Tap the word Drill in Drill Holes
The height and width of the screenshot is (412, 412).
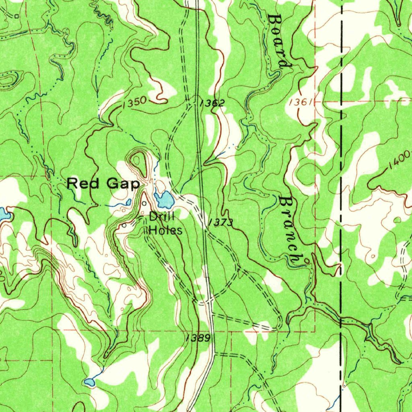[x=161, y=217]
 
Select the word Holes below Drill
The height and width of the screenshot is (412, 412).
[x=165, y=231]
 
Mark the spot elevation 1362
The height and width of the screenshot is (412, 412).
[x=212, y=103]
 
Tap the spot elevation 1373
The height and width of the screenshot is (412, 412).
[x=220, y=222]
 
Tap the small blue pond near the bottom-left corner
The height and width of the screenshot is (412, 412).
[x=89, y=381]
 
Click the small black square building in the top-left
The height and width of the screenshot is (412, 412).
[x=16, y=16]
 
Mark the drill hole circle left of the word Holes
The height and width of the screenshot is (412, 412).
[x=124, y=226]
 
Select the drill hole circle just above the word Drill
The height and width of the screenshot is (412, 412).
[x=144, y=203]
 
